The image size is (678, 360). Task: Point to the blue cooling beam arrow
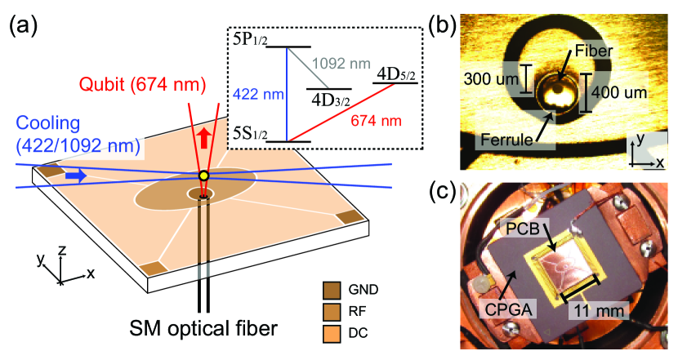77,174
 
